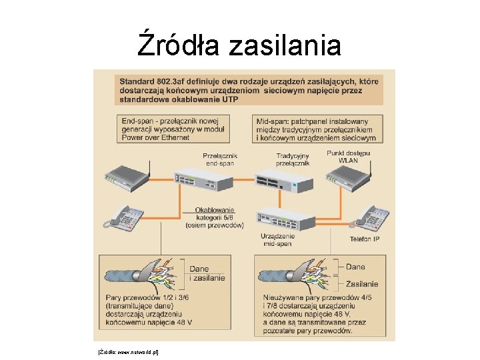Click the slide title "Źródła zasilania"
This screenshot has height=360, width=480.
239,45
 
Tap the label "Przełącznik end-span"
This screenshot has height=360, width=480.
221,159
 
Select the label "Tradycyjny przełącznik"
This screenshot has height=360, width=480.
293,159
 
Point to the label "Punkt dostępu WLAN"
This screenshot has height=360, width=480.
348,157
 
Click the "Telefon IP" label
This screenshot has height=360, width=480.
364,239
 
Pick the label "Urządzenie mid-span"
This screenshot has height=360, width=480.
277,240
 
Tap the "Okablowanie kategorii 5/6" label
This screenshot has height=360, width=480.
215,217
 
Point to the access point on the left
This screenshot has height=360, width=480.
127,177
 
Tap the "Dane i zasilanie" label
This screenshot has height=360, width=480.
207,273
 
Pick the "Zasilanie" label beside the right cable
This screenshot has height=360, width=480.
361,284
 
